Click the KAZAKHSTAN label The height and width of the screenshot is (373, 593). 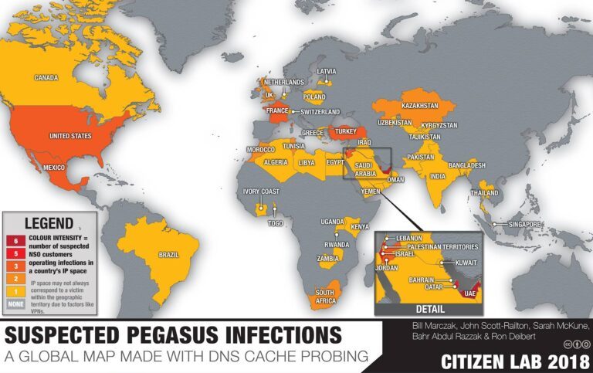point(420,105)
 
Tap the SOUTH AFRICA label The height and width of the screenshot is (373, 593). point(324,297)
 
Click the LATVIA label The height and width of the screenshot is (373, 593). point(327,71)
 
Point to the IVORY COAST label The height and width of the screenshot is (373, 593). point(259,192)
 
